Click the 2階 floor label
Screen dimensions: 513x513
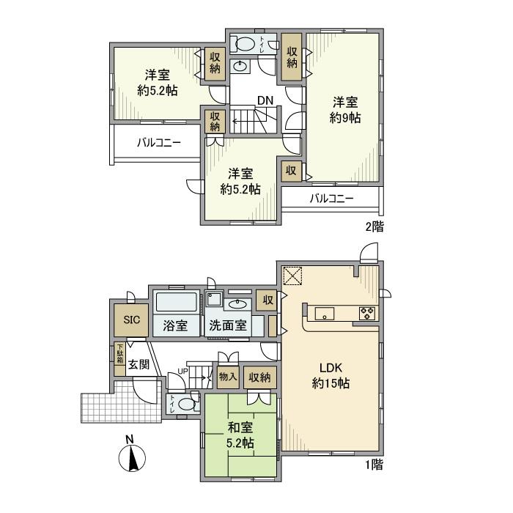(373, 226)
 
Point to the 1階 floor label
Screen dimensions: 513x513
(373, 463)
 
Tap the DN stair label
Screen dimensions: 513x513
(265, 100)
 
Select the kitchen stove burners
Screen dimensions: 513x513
(366, 314)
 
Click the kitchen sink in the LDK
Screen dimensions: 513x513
(325, 314)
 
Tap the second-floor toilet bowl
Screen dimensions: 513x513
(245, 42)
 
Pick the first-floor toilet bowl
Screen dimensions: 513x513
(188, 404)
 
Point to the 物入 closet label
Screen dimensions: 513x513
(228, 377)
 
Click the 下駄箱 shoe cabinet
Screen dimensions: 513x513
(120, 354)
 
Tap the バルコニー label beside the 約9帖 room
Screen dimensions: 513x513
(331, 199)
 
